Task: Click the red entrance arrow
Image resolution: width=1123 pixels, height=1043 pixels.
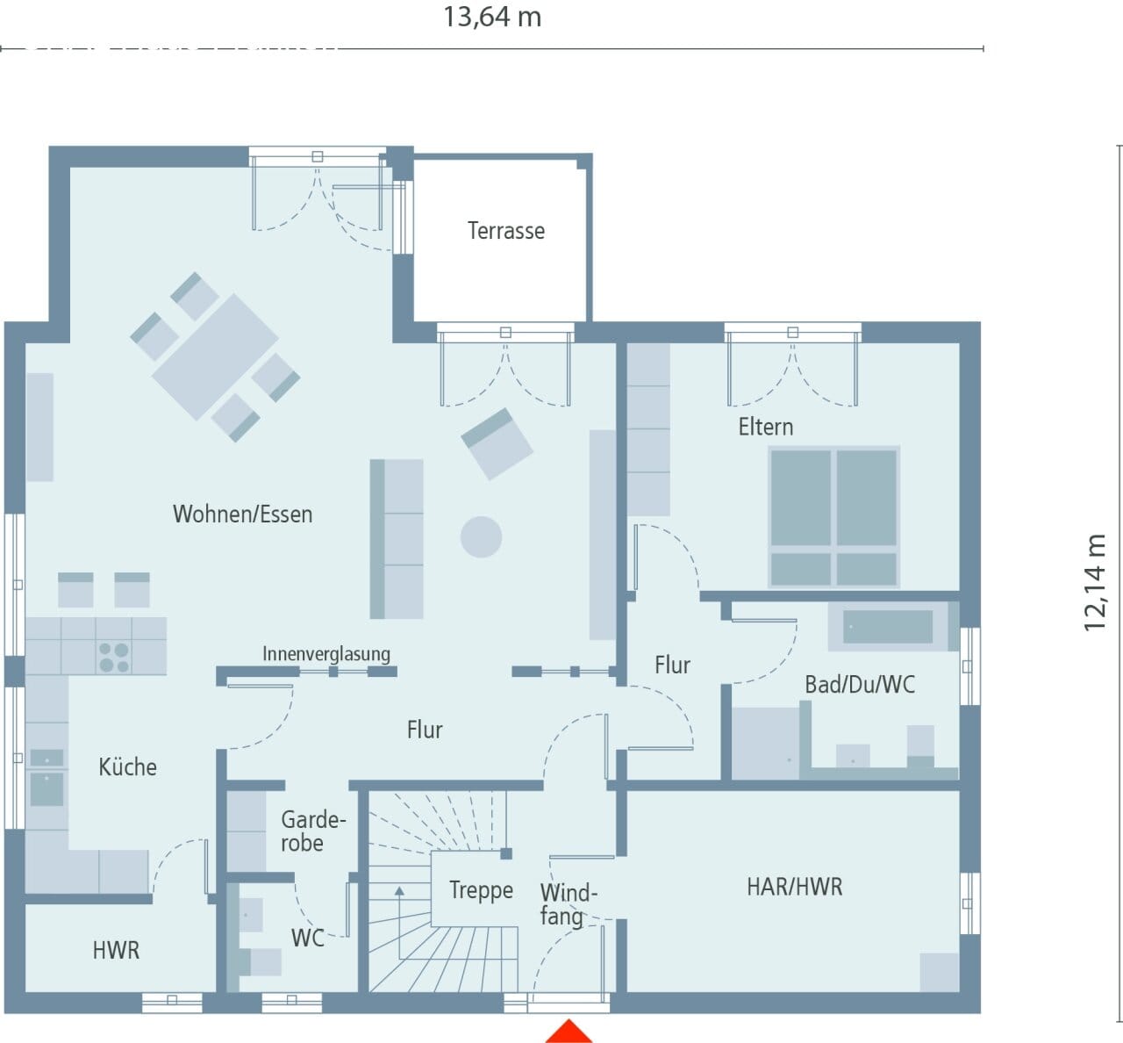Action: (569, 1032)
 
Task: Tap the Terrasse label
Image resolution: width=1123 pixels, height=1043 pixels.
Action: (506, 231)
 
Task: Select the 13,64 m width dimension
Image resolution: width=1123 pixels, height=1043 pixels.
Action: (492, 17)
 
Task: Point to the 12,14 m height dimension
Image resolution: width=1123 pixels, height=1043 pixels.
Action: (1095, 582)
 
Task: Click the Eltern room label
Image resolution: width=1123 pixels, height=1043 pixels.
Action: (766, 427)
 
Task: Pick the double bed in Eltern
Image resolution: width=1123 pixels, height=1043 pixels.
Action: (833, 517)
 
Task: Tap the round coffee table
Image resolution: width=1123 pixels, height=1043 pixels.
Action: (481, 537)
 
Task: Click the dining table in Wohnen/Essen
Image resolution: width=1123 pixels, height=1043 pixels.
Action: (215, 356)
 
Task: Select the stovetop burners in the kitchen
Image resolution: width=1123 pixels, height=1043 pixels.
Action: (114, 657)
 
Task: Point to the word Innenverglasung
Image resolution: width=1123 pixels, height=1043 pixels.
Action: (326, 654)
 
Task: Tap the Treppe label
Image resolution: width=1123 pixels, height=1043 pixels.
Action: (481, 891)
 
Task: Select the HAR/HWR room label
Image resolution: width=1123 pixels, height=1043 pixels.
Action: (795, 887)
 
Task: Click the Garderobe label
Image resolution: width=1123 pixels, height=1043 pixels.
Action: (312, 831)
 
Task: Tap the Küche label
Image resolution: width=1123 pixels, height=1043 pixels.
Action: (128, 767)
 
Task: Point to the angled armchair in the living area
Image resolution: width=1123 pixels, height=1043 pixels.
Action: (497, 443)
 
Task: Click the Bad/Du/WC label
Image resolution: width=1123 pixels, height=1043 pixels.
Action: (860, 685)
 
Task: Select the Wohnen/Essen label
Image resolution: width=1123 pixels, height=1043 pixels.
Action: (242, 514)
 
